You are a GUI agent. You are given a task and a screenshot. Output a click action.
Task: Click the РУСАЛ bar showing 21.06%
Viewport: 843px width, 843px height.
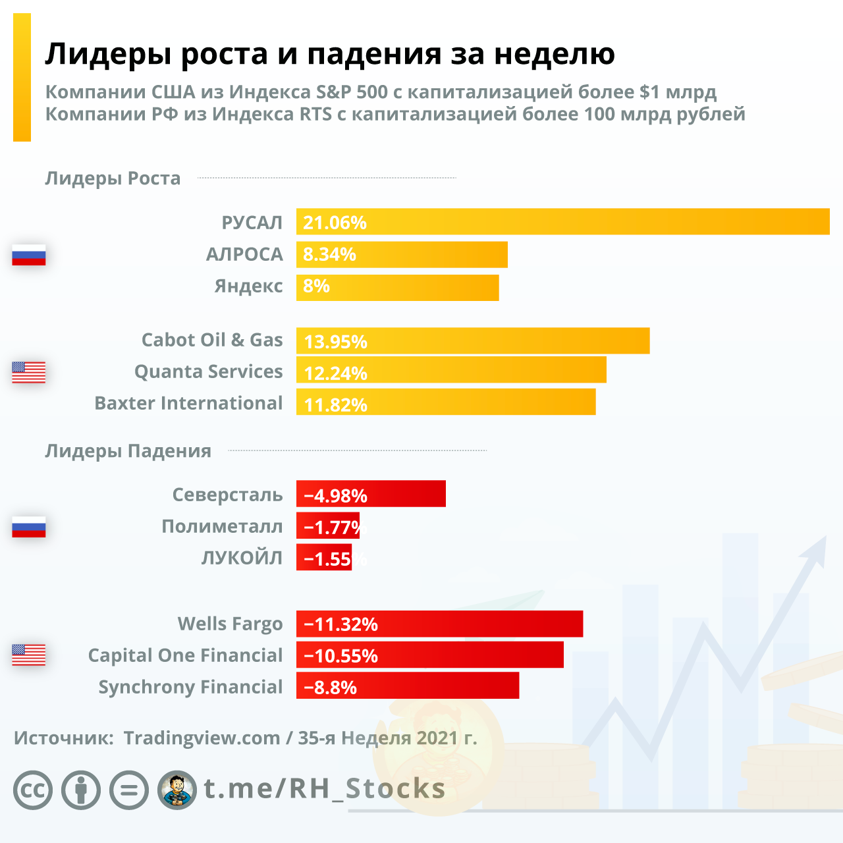[563, 221]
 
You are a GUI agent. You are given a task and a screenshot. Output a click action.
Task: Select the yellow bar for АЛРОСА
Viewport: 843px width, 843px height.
[402, 254]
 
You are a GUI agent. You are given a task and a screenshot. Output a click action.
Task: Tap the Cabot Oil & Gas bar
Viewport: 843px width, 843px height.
[473, 340]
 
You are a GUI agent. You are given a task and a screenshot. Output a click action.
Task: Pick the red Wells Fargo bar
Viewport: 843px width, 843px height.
[439, 624]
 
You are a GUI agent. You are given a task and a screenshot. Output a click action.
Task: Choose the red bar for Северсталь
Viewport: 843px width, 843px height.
[371, 494]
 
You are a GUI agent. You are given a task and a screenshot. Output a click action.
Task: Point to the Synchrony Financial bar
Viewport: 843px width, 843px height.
[408, 686]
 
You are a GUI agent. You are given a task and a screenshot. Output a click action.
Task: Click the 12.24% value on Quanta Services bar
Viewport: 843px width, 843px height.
[335, 373]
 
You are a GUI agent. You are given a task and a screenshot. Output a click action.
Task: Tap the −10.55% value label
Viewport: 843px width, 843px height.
[340, 656]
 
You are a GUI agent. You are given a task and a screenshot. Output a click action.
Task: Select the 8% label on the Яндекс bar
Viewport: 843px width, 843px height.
[316, 286]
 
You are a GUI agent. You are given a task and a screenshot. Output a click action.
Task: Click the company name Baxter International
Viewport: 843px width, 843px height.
[188, 403]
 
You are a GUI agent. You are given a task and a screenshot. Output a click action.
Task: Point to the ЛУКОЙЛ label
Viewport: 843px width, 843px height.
[242, 558]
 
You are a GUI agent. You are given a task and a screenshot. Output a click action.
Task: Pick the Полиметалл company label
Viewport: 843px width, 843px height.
[222, 526]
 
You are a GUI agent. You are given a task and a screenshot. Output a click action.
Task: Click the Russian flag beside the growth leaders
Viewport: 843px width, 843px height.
[29, 254]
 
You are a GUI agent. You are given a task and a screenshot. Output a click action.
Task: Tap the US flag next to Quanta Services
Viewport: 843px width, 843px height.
[29, 372]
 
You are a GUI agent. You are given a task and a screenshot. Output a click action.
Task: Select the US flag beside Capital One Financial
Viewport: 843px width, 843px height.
[29, 655]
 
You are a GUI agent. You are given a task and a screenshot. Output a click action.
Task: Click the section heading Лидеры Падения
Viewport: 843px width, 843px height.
[128, 451]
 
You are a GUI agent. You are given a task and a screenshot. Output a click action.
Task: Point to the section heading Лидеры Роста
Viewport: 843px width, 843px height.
[113, 178]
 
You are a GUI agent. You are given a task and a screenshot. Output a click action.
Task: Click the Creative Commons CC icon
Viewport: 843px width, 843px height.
[33, 790]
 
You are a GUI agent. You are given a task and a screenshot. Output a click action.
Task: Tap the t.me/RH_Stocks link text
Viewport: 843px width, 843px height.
[325, 788]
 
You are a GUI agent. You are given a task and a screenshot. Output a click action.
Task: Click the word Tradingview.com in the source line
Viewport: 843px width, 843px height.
[202, 738]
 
